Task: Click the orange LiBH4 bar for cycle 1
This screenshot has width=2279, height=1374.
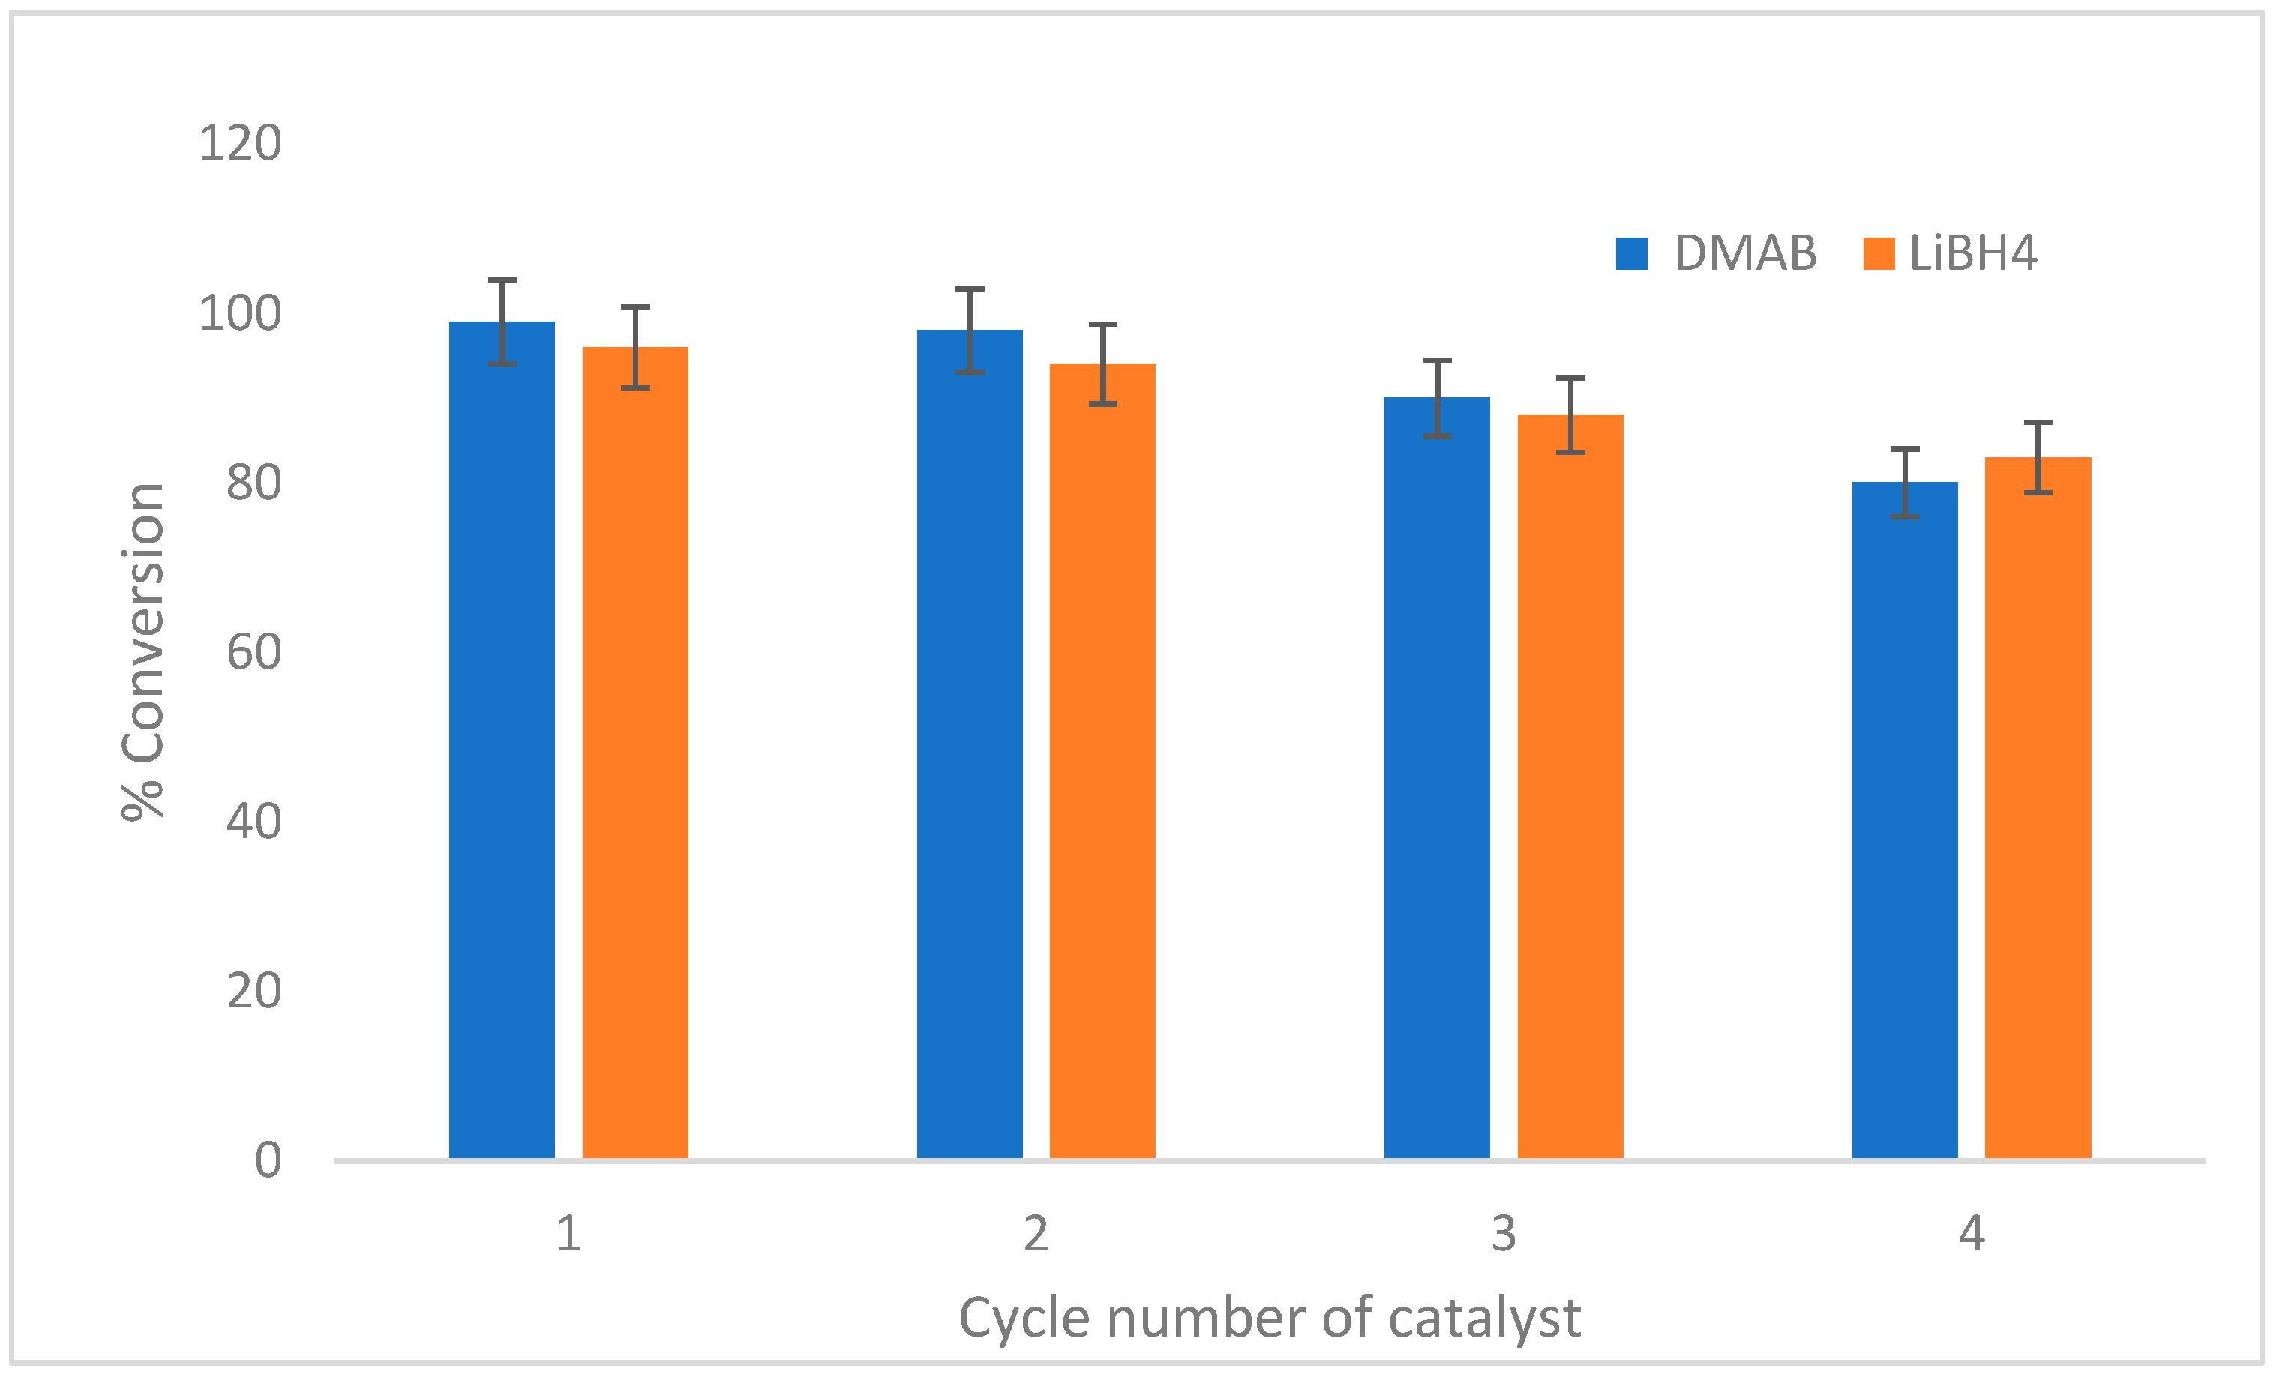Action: coord(634,753)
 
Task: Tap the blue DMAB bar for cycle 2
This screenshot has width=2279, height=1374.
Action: coord(970,744)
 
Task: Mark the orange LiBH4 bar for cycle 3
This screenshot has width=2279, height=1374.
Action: coord(1570,786)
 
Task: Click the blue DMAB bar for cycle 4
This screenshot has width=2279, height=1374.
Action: coord(1904,819)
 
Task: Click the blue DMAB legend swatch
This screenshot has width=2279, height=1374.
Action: coord(1632,253)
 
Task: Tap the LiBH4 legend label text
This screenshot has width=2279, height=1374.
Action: coord(1972,253)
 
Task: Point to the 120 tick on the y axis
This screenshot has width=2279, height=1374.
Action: coord(239,144)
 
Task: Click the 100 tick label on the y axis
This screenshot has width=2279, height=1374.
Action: coord(239,314)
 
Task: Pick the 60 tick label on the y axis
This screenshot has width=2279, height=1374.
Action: coord(253,653)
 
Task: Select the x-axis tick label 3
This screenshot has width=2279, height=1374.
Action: coord(1503,1234)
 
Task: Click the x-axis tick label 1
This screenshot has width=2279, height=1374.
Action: coord(568,1234)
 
